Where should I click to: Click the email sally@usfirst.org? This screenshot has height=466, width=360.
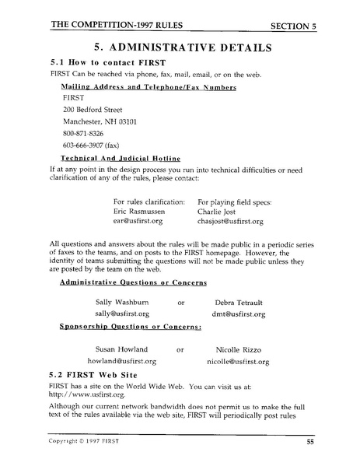click(x=122, y=314)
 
